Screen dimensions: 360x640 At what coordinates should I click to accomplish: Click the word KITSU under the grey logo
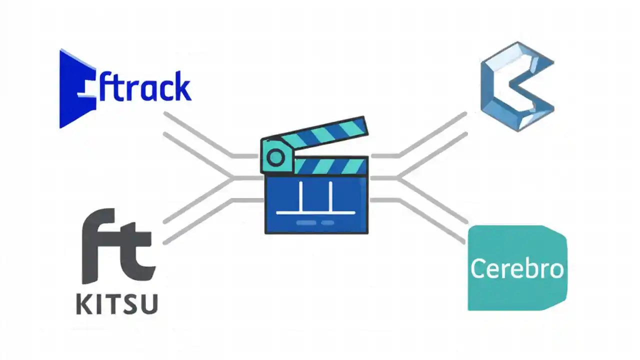pos(117,303)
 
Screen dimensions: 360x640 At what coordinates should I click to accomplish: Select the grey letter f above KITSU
pos(100,245)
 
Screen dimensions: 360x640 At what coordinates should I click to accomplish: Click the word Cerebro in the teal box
pos(517,268)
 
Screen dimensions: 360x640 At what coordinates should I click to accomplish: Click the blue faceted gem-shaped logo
pos(517,86)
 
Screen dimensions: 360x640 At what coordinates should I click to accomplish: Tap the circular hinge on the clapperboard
pos(274,157)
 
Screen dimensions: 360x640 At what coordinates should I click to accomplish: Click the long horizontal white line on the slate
pos(316,212)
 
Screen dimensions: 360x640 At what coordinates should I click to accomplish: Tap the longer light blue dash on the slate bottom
pos(306,222)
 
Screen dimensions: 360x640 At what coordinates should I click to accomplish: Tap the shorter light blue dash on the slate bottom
pos(327,222)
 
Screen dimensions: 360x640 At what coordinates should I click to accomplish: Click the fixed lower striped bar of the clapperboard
pos(330,166)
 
